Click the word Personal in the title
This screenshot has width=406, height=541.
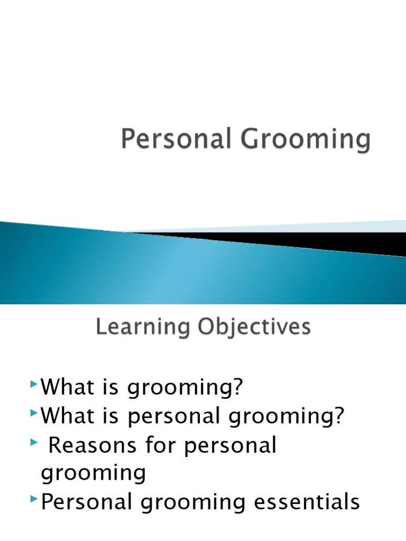coord(176,138)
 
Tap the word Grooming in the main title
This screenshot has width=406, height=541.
coord(306,139)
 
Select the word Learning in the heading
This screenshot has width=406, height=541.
coord(143,327)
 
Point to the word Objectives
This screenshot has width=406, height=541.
coord(254,327)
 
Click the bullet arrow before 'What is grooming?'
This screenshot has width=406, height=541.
coord(34,384)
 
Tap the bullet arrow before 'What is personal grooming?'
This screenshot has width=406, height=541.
coord(34,413)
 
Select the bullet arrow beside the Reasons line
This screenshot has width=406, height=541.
coord(34,442)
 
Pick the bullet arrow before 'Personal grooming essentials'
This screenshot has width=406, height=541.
coord(34,499)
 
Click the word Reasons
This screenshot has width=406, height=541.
coord(92,445)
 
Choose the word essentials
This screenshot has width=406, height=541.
coord(307,501)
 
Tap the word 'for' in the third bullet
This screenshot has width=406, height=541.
coord(161,444)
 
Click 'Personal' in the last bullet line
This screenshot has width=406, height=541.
coord(86,501)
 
